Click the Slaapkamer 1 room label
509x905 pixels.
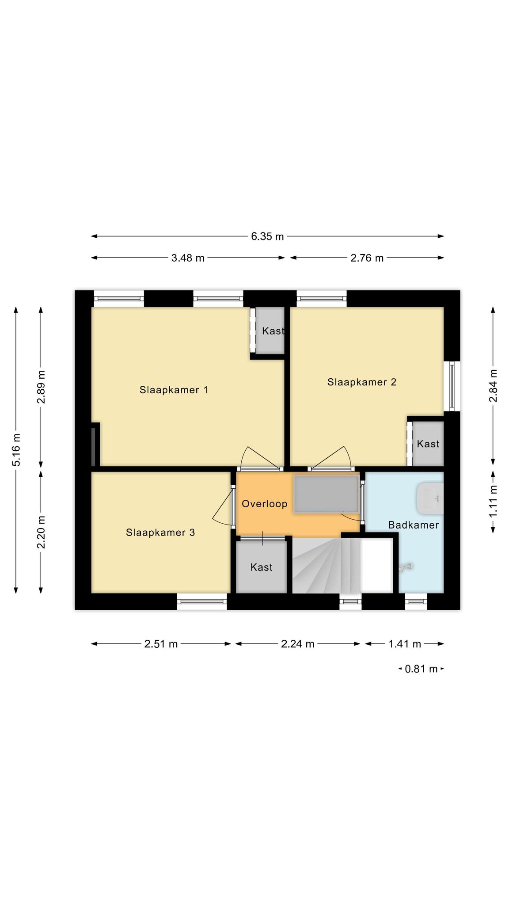[x=174, y=390]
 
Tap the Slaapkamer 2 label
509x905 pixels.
[x=362, y=382]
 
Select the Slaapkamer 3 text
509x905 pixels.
[x=160, y=532]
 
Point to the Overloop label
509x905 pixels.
[x=265, y=504]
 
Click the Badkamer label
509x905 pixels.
[x=414, y=525]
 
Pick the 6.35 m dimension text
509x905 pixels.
[x=267, y=236]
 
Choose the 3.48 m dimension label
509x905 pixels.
[x=188, y=258]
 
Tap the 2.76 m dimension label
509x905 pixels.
[x=367, y=258]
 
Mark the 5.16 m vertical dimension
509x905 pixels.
[x=16, y=450]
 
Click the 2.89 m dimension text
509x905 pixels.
[x=41, y=387]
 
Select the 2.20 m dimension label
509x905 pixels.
[x=41, y=532]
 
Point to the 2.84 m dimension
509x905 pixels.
[x=493, y=386]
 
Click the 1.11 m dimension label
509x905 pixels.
[x=493, y=502]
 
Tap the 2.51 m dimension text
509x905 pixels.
[x=161, y=644]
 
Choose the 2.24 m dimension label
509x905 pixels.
[x=298, y=644]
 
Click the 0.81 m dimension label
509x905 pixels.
[x=421, y=669]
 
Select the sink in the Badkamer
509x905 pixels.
[x=430, y=499]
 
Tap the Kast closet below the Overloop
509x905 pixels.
[x=261, y=567]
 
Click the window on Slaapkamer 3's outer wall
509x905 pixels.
[x=202, y=601]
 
